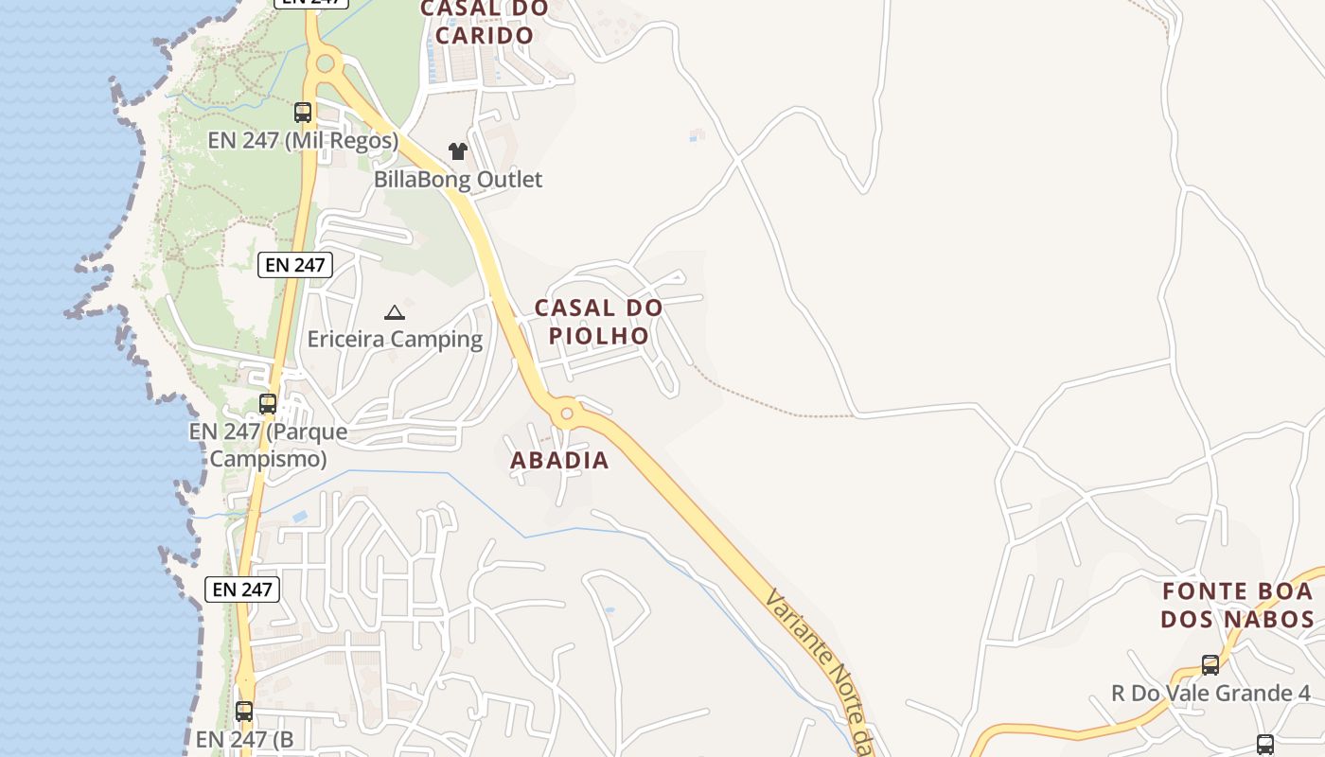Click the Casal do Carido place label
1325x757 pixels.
click(x=484, y=22)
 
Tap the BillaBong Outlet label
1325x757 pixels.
click(x=458, y=180)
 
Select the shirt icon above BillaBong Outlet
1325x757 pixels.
click(x=458, y=151)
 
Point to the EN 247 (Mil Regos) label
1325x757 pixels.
click(x=303, y=141)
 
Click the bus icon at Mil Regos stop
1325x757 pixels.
click(x=303, y=113)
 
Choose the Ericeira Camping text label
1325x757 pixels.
click(x=395, y=339)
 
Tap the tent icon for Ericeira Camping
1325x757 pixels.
click(x=395, y=312)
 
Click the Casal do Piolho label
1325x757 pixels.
click(x=598, y=322)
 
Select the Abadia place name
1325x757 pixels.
click(x=559, y=461)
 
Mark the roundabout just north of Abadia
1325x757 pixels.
click(x=567, y=413)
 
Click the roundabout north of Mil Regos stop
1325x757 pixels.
click(x=326, y=63)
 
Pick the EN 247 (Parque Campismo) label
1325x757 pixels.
click(x=268, y=445)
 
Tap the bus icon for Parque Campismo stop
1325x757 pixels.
click(x=268, y=404)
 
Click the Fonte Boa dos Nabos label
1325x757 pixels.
click(x=1238, y=606)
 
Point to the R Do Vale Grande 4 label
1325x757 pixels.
click(x=1210, y=694)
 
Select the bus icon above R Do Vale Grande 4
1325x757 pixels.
click(x=1210, y=665)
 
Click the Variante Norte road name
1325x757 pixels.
click(x=819, y=672)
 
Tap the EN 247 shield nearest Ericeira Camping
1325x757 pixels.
click(x=295, y=265)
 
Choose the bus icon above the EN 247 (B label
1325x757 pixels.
click(x=244, y=711)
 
